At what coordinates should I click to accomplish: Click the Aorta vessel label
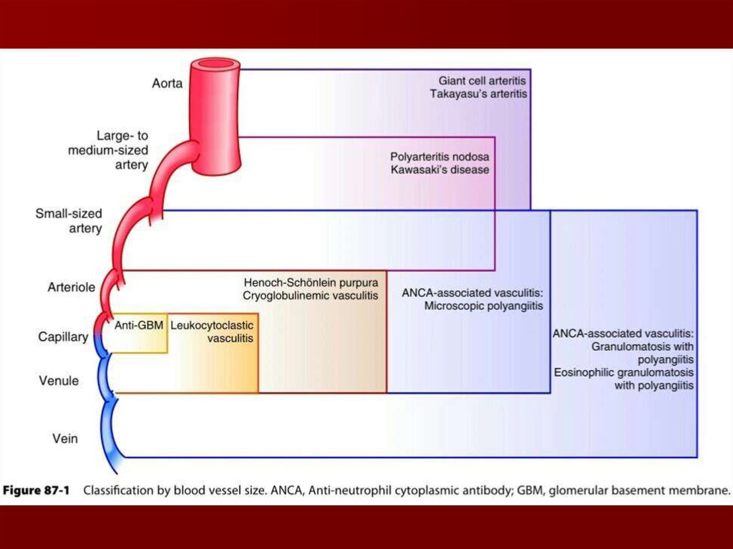pos(168,83)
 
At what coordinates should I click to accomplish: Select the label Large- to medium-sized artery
pos(107,150)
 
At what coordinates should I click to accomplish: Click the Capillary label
pos(63,336)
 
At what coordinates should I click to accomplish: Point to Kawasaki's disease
pos(440,170)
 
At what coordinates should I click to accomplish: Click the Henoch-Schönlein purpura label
pos(311,281)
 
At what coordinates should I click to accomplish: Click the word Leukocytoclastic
pos(212,324)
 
